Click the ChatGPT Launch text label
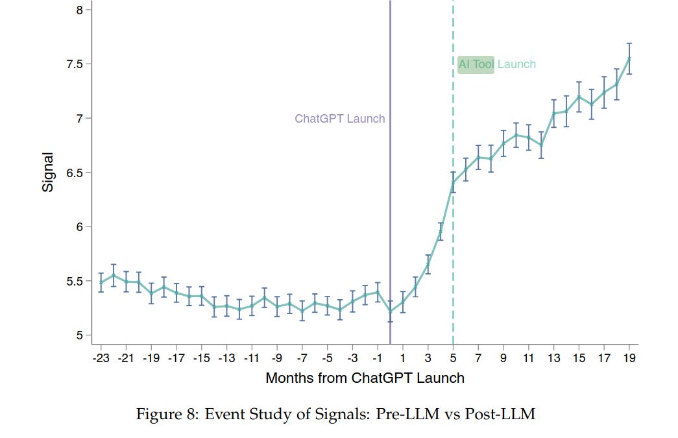(x=339, y=119)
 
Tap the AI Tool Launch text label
(x=497, y=64)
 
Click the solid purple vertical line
(x=390, y=195)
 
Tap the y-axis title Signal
(x=48, y=172)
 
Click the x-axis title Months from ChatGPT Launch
(x=365, y=378)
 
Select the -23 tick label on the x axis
(x=100, y=358)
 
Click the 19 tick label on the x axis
(x=629, y=358)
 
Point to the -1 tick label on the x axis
(x=377, y=358)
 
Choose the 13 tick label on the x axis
(x=553, y=358)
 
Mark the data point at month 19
(x=629, y=58)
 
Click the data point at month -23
(x=101, y=282)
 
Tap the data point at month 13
(x=553, y=114)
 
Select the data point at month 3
(x=428, y=264)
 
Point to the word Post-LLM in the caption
(x=509, y=414)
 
